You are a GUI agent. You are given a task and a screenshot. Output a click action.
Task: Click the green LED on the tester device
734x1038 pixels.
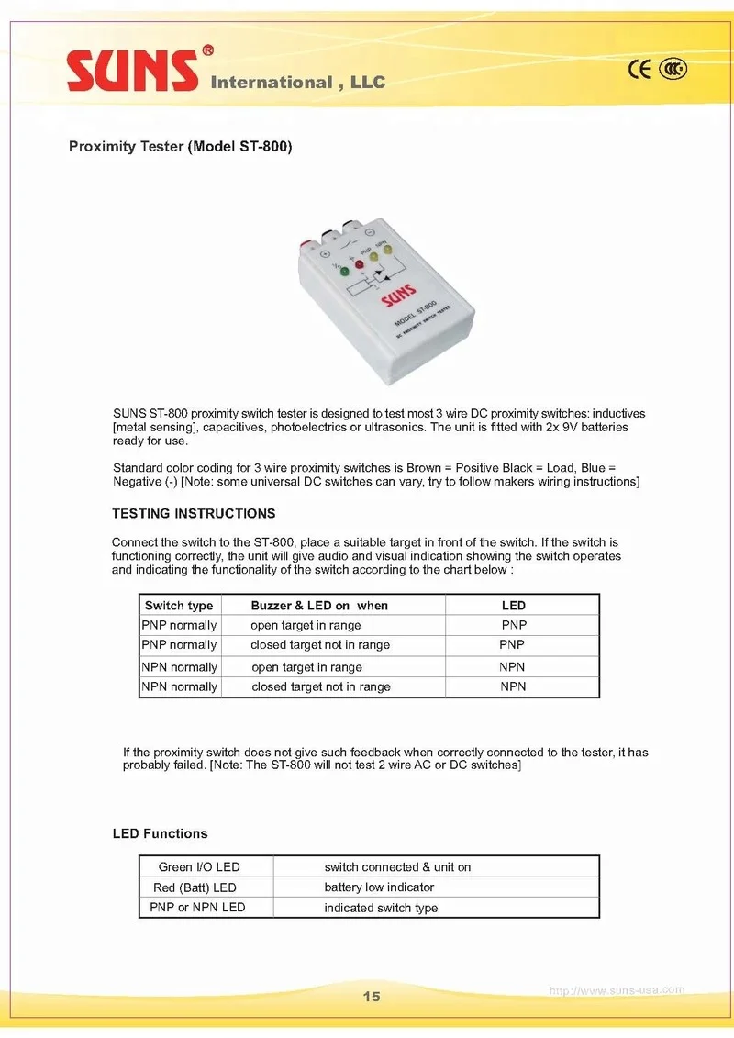tap(343, 272)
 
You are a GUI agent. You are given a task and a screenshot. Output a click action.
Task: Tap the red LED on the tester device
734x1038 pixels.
tap(360, 264)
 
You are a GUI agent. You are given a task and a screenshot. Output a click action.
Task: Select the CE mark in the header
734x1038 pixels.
tap(639, 70)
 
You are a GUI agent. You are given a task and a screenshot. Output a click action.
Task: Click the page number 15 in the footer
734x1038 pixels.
tap(371, 997)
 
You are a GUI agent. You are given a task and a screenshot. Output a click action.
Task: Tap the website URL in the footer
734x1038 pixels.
tap(616, 990)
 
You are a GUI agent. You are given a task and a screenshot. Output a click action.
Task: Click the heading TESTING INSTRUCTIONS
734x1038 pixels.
tap(194, 513)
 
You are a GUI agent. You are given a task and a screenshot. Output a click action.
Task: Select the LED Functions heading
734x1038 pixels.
tap(160, 833)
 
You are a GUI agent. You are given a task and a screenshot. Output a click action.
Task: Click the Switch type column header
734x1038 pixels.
tap(179, 606)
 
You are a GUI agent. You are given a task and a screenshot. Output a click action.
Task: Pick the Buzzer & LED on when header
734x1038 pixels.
tap(319, 606)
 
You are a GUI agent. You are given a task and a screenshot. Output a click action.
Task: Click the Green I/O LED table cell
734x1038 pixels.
tap(199, 866)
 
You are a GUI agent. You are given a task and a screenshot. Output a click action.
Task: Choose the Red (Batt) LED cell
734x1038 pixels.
tap(195, 887)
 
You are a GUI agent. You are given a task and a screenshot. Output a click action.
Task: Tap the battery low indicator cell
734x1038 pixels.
tap(379, 887)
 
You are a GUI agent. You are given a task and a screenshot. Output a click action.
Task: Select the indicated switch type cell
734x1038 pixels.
tap(381, 908)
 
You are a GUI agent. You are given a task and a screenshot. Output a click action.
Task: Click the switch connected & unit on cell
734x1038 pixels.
tap(397, 866)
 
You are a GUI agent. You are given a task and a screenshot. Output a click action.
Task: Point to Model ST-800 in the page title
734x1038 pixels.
tap(239, 147)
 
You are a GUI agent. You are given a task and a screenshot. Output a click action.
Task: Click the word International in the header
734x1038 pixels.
tap(271, 83)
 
